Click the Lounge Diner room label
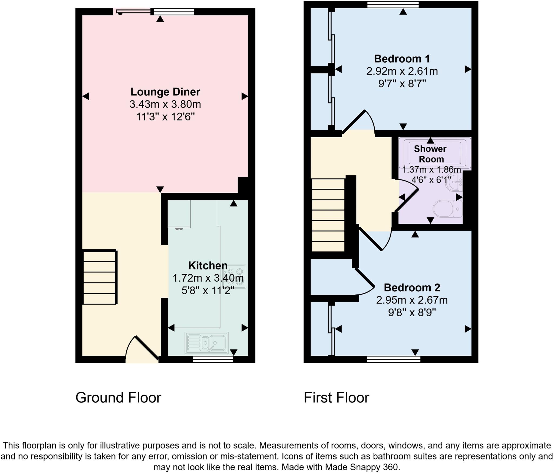pyautogui.click(x=165, y=92)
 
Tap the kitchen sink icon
pyautogui.click(x=207, y=343)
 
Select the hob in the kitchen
pyautogui.click(x=234, y=276)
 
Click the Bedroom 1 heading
pyautogui.click(x=402, y=59)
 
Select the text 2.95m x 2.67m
pyautogui.click(x=412, y=300)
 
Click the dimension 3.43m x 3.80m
pyautogui.click(x=165, y=104)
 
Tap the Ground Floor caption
pyautogui.click(x=118, y=398)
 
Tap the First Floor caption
pyautogui.click(x=336, y=398)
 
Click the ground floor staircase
pyautogui.click(x=100, y=277)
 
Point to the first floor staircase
pyautogui.click(x=328, y=215)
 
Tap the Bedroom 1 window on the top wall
pyautogui.click(x=393, y=5)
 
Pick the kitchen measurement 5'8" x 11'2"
pyautogui.click(x=208, y=291)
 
